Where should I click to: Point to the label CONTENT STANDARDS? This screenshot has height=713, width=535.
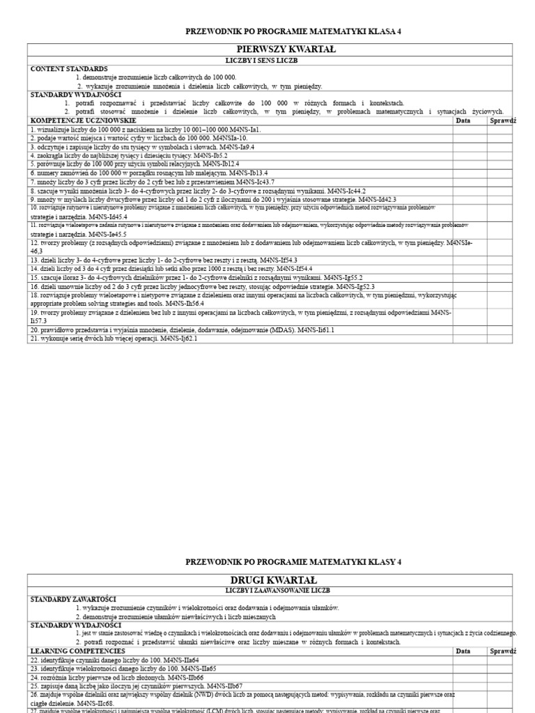[x=68, y=69]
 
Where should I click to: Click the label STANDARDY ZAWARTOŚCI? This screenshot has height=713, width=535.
[x=73, y=599]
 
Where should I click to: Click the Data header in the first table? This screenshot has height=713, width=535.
[x=463, y=120]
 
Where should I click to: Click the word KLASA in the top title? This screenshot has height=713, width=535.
[x=378, y=31]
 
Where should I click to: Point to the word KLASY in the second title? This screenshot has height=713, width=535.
[x=378, y=562]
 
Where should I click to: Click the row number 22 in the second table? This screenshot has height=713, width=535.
[x=33, y=659]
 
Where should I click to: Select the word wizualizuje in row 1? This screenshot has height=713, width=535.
[x=54, y=130]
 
